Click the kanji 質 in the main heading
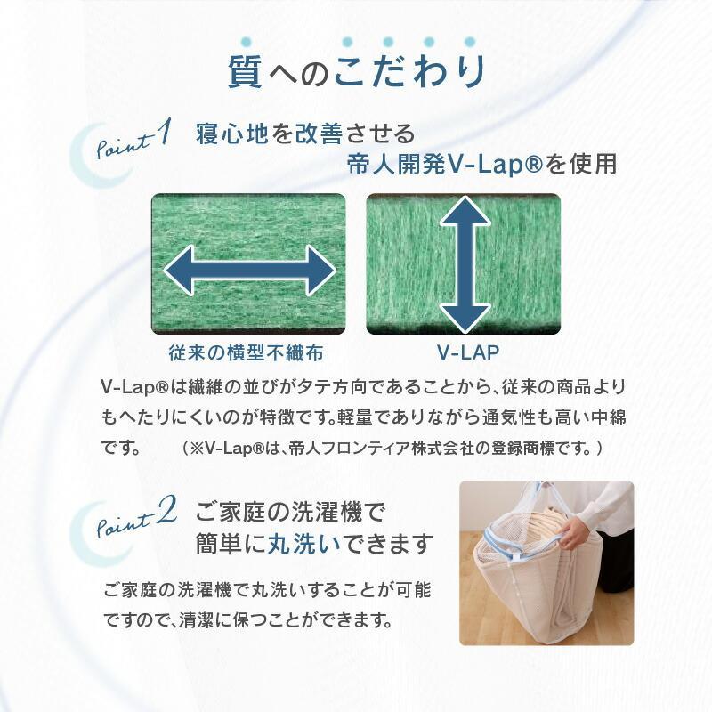(246, 71)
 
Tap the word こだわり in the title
(409, 71)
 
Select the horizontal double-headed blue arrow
(249, 271)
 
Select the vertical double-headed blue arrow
(465, 265)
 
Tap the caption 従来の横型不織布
(247, 352)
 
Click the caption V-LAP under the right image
(468, 352)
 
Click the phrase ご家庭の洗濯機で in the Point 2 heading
(290, 513)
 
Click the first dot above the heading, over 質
(246, 42)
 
